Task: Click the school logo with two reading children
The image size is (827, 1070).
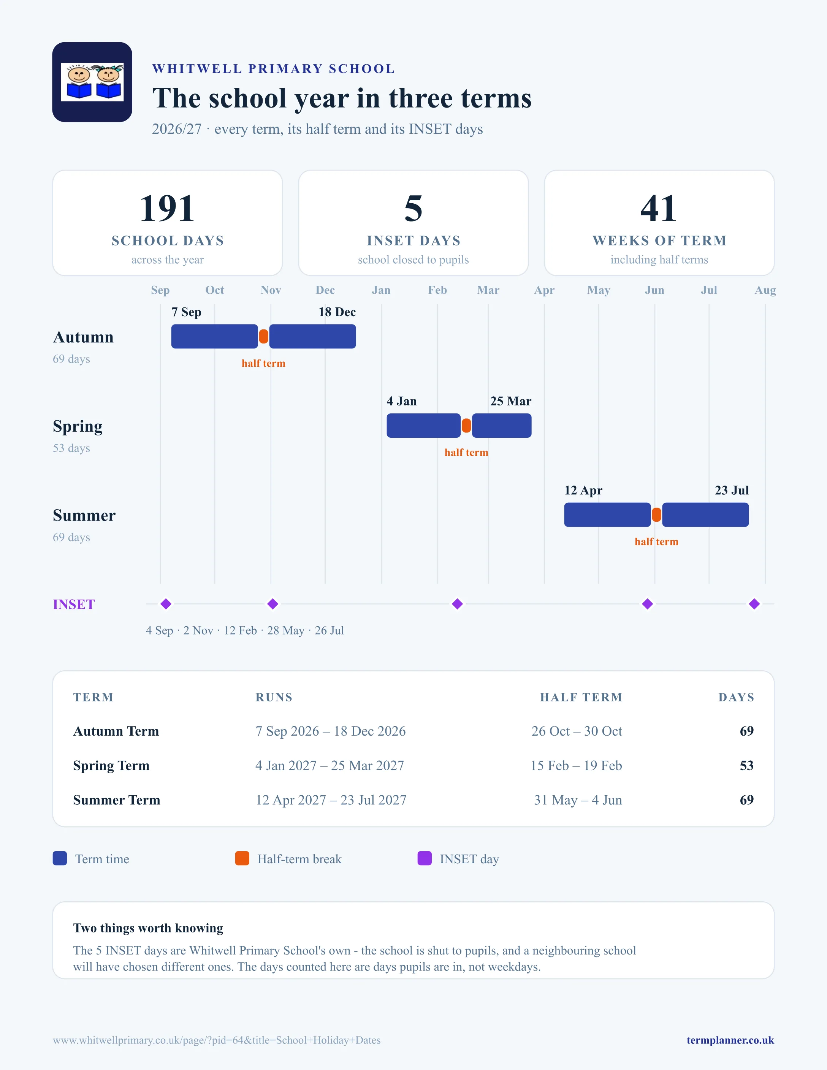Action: point(92,82)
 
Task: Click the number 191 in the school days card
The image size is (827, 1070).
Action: point(167,208)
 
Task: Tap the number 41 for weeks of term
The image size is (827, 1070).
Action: point(659,208)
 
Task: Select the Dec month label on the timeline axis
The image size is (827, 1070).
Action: point(325,290)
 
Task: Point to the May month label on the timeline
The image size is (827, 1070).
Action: point(599,290)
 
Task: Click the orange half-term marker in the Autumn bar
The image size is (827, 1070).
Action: point(264,337)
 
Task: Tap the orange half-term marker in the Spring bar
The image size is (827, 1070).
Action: point(466,426)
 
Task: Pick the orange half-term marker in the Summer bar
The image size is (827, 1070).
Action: point(656,515)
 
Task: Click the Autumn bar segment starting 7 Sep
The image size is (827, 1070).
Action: point(215,337)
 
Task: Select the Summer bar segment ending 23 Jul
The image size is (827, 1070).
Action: point(705,515)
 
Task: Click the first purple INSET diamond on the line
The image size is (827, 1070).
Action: point(166,604)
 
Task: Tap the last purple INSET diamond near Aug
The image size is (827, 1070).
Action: point(754,604)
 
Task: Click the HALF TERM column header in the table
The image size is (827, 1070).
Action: point(581,697)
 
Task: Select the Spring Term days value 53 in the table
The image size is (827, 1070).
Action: point(747,765)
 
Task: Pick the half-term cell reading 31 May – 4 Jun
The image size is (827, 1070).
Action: point(578,800)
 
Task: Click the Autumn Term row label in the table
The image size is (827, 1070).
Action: point(116,731)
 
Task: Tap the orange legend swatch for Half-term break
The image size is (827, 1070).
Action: point(242,858)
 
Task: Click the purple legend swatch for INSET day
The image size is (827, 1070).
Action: point(424,858)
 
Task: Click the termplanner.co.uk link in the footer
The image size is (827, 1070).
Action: point(730,1040)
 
